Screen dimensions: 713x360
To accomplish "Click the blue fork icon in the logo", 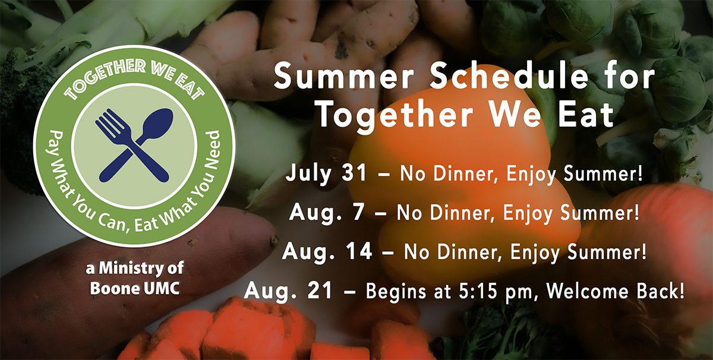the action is [131, 145].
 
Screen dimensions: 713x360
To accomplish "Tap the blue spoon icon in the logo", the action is [137, 145].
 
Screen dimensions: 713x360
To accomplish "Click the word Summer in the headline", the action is [344, 77].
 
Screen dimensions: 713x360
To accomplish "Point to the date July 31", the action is [326, 174].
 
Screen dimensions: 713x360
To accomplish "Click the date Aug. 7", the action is [327, 213].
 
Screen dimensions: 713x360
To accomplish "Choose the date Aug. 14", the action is [327, 251].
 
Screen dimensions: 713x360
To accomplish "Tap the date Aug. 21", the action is [288, 290].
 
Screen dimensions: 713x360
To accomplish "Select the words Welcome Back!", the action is [616, 290].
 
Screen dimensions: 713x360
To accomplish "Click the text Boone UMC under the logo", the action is [135, 289].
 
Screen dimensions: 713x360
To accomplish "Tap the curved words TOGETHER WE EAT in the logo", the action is [134, 78].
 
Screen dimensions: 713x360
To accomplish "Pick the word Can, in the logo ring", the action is [113, 222].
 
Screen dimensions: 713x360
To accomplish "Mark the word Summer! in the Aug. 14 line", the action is [607, 251].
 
